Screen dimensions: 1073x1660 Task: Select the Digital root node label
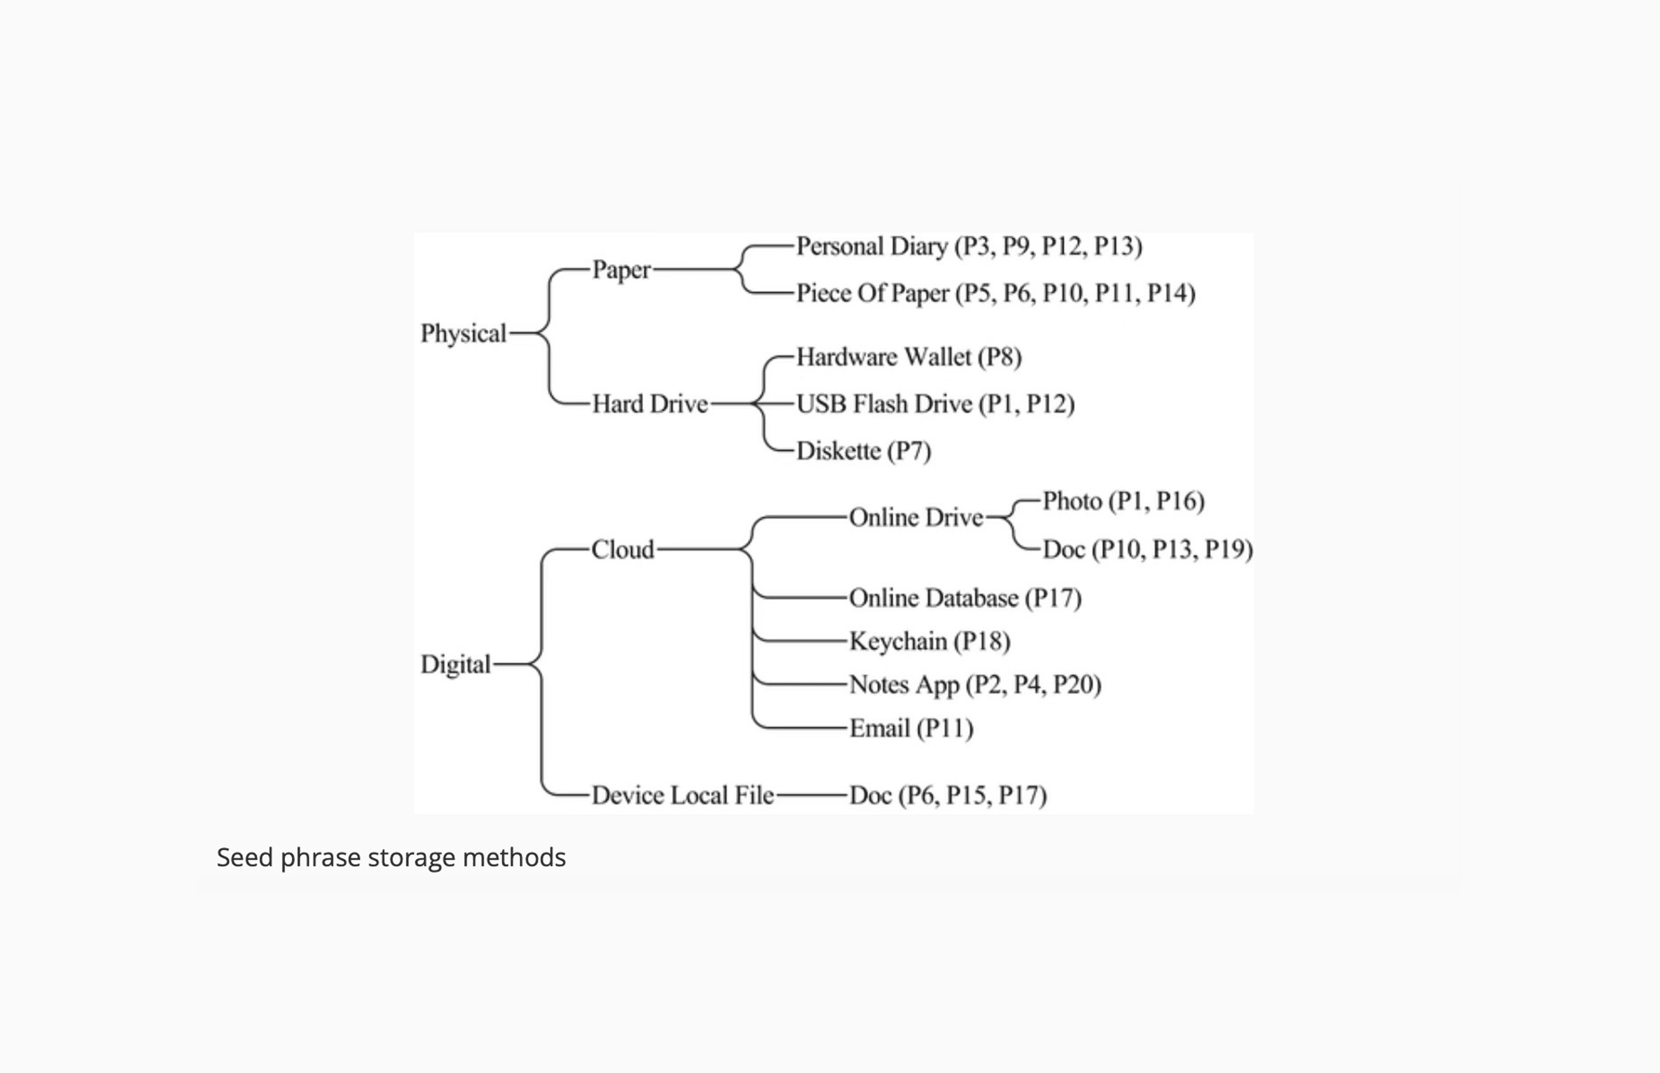point(456,664)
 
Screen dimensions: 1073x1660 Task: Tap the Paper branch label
point(621,270)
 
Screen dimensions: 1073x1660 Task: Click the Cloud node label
point(623,550)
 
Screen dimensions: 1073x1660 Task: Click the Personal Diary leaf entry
point(969,246)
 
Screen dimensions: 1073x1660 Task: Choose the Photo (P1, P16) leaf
point(1123,501)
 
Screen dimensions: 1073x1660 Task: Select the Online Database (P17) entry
point(965,598)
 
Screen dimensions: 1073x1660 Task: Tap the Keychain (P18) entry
point(929,641)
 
